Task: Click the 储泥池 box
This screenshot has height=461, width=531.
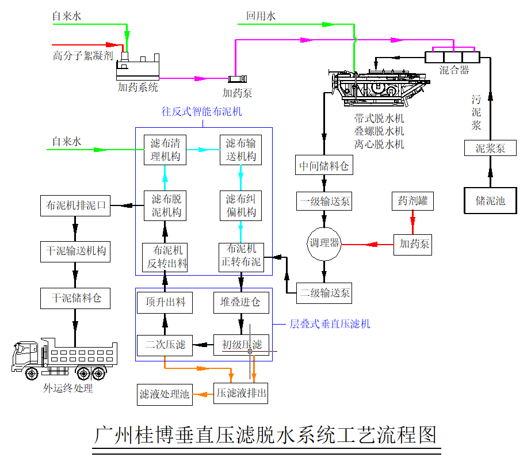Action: point(490,200)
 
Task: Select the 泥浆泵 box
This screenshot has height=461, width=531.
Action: point(490,148)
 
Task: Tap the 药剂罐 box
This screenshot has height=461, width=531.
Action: point(412,201)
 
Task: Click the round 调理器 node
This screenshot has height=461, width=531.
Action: point(324,243)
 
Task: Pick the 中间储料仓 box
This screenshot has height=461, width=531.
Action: point(324,166)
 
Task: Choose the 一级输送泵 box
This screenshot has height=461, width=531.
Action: point(324,202)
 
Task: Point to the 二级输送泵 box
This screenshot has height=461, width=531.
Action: point(324,293)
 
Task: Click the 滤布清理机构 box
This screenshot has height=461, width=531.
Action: point(165,150)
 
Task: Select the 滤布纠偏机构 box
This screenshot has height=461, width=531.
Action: point(240,206)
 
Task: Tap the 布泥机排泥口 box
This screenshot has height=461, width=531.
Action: point(75,205)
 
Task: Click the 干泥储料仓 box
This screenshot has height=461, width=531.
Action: point(75,298)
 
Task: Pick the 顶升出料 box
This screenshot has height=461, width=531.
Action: point(165,302)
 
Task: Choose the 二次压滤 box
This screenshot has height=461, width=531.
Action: point(165,345)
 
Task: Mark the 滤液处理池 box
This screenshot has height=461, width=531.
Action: point(165,394)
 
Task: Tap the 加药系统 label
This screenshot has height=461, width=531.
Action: point(137,87)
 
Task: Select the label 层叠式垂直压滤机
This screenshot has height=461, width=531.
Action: point(329,324)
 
